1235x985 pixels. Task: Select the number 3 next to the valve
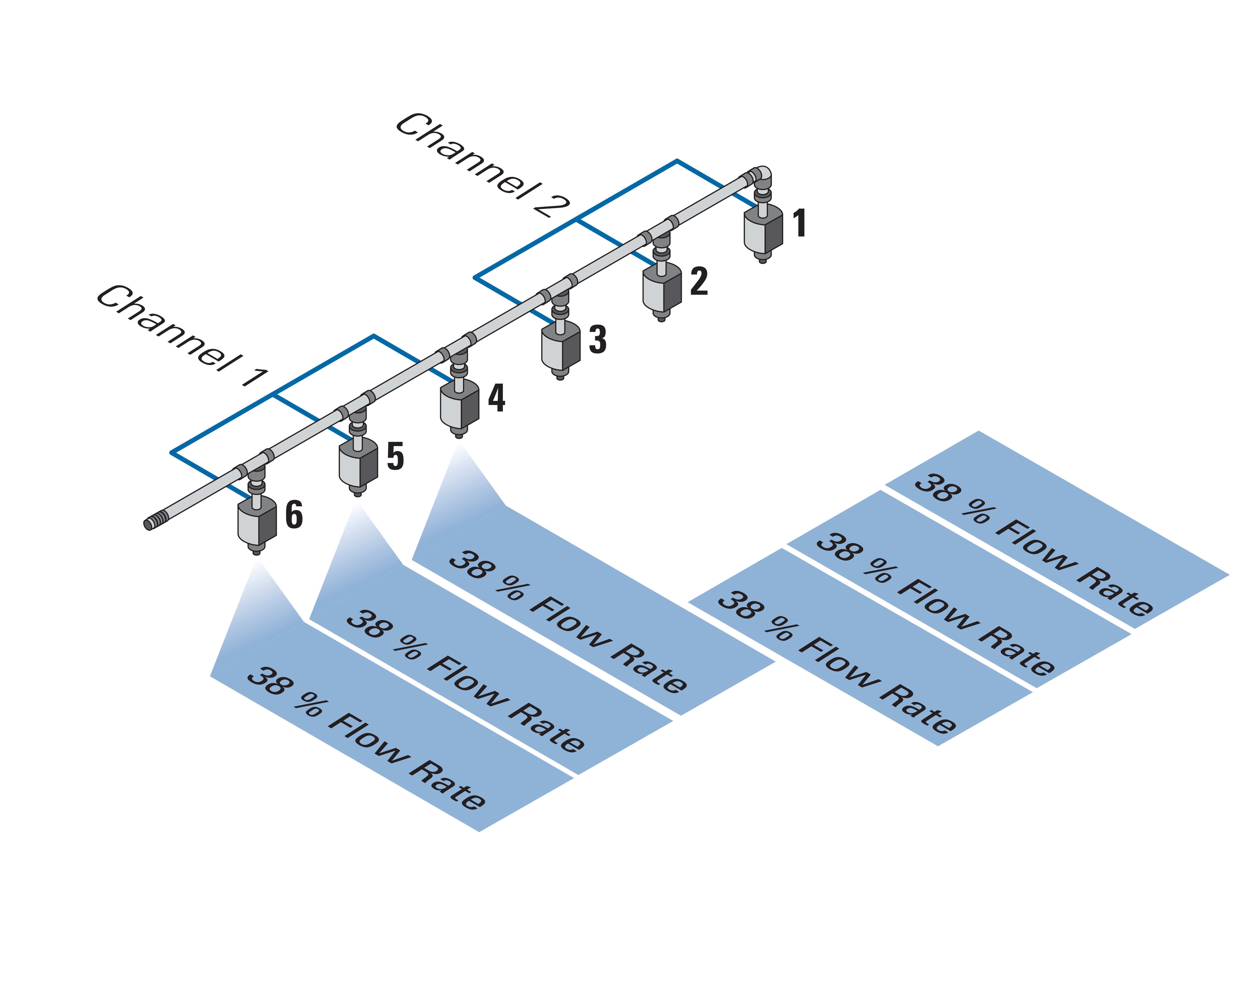(597, 340)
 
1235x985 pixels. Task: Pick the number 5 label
(395, 457)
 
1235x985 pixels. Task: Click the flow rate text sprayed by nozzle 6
(367, 739)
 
